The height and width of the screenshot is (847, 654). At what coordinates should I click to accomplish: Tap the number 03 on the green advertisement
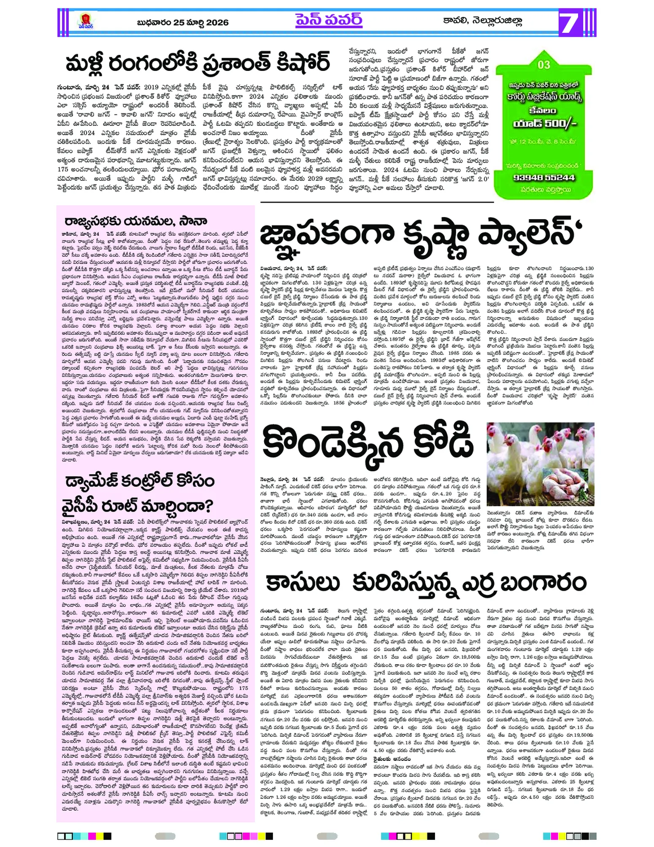(543, 65)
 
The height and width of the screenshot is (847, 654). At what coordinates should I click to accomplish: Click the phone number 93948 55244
(544, 177)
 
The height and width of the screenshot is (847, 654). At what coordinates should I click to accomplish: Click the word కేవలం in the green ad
(543, 111)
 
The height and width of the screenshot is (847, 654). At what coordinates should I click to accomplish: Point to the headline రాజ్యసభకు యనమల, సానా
(135, 222)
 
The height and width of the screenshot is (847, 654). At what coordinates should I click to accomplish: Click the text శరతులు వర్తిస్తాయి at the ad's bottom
(544, 190)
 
